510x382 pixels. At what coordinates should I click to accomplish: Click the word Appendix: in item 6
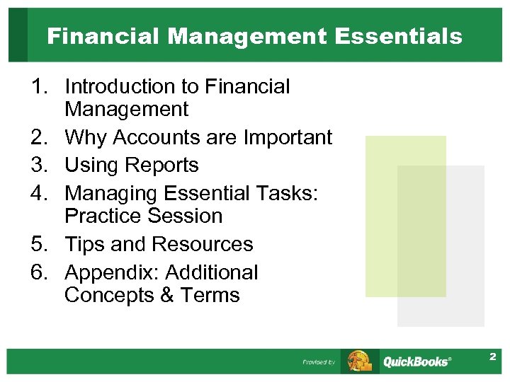pyautogui.click(x=110, y=272)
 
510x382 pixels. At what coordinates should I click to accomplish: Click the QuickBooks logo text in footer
pyautogui.click(x=416, y=361)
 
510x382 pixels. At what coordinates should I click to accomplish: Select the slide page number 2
pyautogui.click(x=492, y=358)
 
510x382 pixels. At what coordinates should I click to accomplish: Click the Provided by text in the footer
pyautogui.click(x=319, y=362)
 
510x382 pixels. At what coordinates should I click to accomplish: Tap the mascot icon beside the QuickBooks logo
pyautogui.click(x=359, y=361)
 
